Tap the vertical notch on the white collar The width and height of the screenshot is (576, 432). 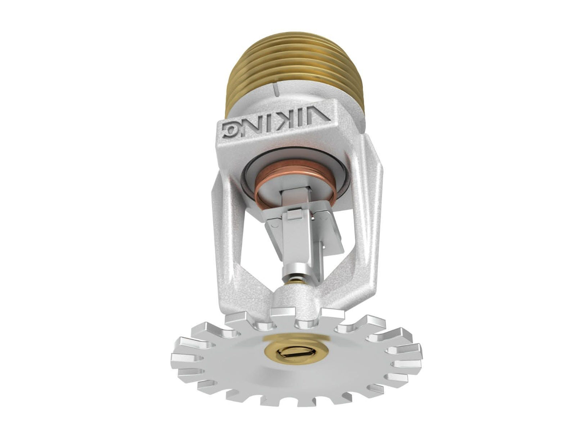pos(274,89)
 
